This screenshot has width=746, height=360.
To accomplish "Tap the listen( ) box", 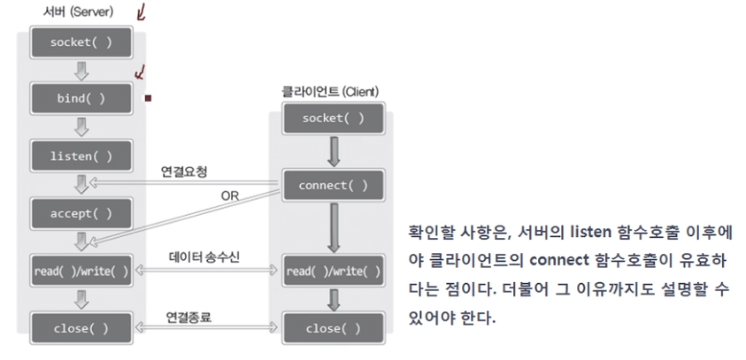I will pyautogui.click(x=81, y=157).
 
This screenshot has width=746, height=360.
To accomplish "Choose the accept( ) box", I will pyautogui.click(x=81, y=213).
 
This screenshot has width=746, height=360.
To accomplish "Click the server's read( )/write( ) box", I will pyautogui.click(x=81, y=271).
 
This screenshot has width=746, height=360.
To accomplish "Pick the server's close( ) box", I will pyautogui.click(x=81, y=328).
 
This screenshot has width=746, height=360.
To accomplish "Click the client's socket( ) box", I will pyautogui.click(x=332, y=118).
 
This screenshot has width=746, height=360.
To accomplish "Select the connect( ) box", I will pyautogui.click(x=332, y=185).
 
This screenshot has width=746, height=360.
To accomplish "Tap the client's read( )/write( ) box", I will pyautogui.click(x=332, y=271).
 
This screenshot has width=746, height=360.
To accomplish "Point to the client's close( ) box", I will pyautogui.click(x=332, y=328).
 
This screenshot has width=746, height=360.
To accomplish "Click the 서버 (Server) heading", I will pyautogui.click(x=78, y=11).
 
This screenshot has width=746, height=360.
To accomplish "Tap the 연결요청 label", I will pyautogui.click(x=184, y=169).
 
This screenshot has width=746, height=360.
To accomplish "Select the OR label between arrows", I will pyautogui.click(x=230, y=195).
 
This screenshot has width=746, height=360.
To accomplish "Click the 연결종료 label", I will pyautogui.click(x=188, y=316).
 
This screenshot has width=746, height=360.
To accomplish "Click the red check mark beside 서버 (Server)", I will pyautogui.click(x=140, y=11).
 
